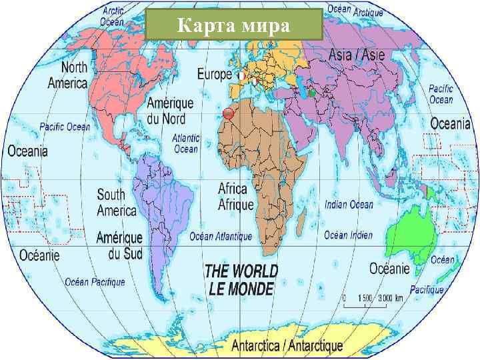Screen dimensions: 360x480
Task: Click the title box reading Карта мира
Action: (233, 27)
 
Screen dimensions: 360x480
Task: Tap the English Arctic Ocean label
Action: (113, 16)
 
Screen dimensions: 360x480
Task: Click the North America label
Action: (68, 75)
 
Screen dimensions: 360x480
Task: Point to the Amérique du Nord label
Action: (169, 111)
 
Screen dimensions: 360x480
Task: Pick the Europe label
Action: (214, 74)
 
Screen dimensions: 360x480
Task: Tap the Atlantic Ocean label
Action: (186, 143)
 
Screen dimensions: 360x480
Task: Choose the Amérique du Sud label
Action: (119, 245)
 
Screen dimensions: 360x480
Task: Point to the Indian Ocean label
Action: (349, 205)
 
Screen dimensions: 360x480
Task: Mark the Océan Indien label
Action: (348, 235)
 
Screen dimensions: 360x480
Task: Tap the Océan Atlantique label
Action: (221, 236)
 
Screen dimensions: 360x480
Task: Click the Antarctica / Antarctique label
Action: (287, 346)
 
